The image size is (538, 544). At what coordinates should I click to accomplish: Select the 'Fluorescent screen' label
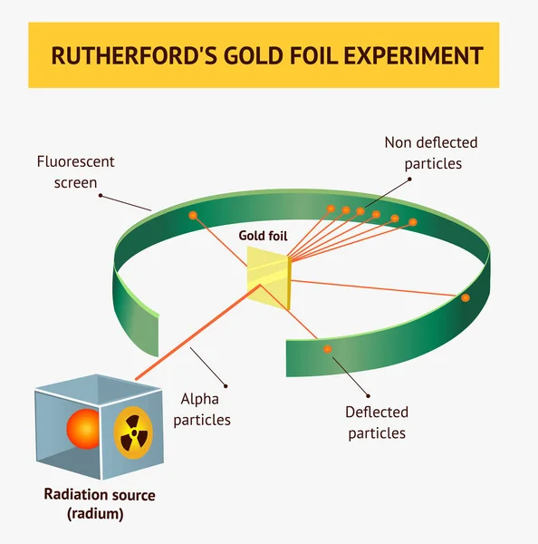coord(75,172)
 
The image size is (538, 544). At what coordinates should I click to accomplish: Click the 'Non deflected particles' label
coord(432,153)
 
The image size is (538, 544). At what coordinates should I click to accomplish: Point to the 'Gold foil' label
coord(263,236)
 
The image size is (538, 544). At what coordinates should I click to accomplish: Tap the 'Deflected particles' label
coord(376,423)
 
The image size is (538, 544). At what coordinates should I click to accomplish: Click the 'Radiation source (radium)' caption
coord(100,504)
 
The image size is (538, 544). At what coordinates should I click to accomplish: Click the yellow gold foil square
coord(268,277)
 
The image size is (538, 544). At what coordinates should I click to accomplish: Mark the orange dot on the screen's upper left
coord(192,215)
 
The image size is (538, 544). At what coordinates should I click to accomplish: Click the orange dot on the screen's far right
coord(466,297)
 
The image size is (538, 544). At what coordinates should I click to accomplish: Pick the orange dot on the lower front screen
coord(327,349)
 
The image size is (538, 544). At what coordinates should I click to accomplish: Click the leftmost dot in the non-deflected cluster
coord(331,209)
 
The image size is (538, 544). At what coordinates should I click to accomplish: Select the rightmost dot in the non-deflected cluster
coord(413,222)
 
